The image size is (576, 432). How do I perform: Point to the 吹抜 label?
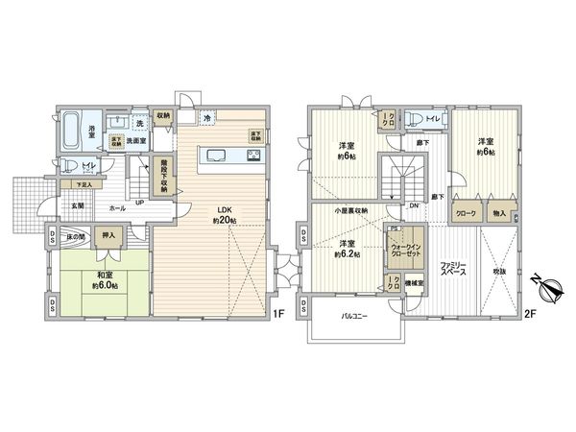pyautogui.click(x=498, y=273)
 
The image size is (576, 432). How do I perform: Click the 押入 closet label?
pyautogui.click(x=108, y=235)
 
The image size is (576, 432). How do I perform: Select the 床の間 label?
pyautogui.click(x=74, y=235)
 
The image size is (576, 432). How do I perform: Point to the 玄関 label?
pyautogui.click(x=76, y=204)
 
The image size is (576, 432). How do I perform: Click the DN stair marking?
pyautogui.click(x=415, y=205)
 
